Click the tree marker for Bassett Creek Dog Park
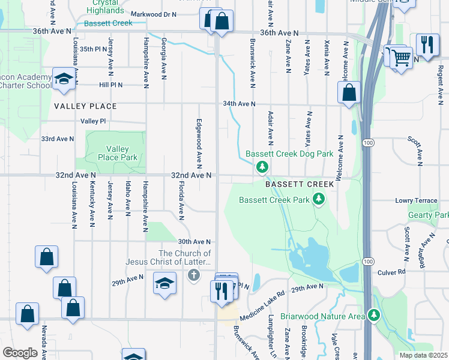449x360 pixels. click(261, 166)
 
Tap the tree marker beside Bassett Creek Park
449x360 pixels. click(319, 200)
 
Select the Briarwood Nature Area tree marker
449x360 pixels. click(375, 314)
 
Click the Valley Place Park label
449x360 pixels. click(118, 153)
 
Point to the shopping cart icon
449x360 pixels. click(402, 58)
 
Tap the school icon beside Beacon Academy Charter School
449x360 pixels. click(63, 79)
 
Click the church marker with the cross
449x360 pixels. click(193, 275)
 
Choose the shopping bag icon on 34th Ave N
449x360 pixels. click(349, 92)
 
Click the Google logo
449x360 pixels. click(19, 353)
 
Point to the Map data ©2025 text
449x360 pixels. click(423, 355)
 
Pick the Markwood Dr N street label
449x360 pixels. click(153, 14)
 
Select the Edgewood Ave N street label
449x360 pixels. click(199, 142)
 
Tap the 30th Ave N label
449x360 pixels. click(194, 241)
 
